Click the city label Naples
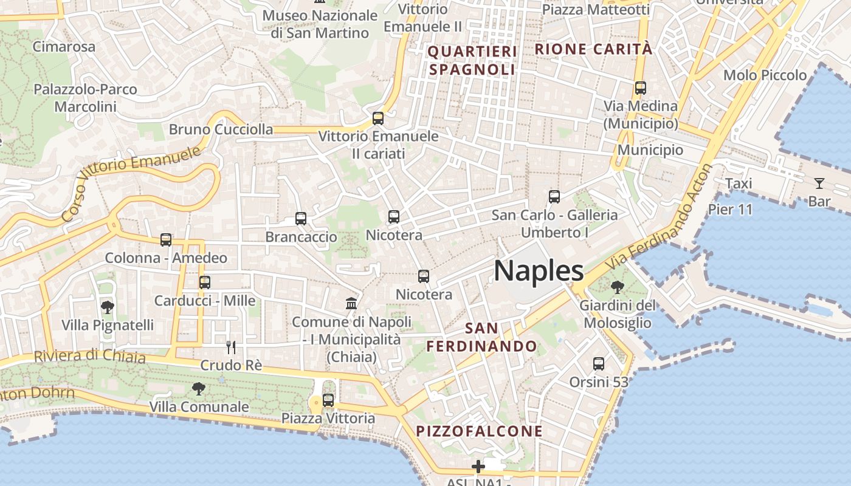pos(539,271)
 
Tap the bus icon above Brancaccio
pos(301,219)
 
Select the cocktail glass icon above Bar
pos(819,183)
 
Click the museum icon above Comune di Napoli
pos(351,303)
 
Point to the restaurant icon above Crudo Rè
pos(231,347)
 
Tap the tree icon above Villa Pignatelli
pos(108,307)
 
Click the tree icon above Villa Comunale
pos(198,388)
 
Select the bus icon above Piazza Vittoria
pos(328,400)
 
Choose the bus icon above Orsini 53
pos(599,364)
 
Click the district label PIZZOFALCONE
pos(479,431)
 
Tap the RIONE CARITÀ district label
pos(593,49)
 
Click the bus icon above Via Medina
pos(640,88)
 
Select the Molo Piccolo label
pos(765,75)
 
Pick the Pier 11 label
pos(731,210)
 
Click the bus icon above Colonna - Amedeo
pos(166,240)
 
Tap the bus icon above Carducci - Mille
pos(205,282)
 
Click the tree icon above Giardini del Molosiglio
pos(618,287)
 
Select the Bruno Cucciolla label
pos(221,129)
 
